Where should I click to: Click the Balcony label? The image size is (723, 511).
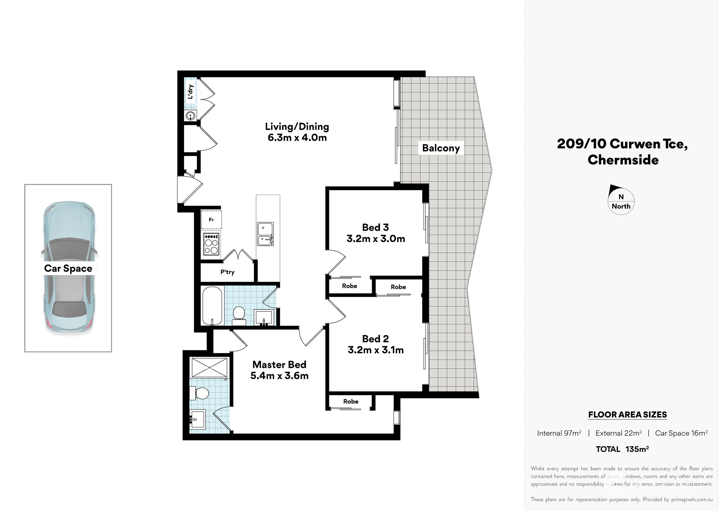pyautogui.click(x=441, y=148)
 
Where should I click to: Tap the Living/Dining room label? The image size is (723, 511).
pyautogui.click(x=297, y=127)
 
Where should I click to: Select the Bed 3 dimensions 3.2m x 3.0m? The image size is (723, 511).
pyautogui.click(x=376, y=239)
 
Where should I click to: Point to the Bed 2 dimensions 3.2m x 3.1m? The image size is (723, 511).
pyautogui.click(x=376, y=350)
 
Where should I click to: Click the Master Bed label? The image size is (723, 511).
pyautogui.click(x=279, y=365)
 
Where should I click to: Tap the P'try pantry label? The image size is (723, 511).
pyautogui.click(x=227, y=272)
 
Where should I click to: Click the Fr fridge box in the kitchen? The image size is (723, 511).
pyautogui.click(x=211, y=220)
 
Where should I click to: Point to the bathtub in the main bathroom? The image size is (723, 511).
pyautogui.click(x=212, y=306)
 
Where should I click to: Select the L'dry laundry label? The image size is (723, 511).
pyautogui.click(x=190, y=92)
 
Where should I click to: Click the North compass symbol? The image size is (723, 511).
pyautogui.click(x=621, y=200)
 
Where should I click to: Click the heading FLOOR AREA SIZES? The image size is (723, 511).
pyautogui.click(x=628, y=415)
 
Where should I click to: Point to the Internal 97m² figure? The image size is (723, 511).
pyautogui.click(x=559, y=433)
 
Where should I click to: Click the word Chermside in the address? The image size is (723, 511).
pyautogui.click(x=623, y=160)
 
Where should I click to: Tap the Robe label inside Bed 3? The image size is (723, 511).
pyautogui.click(x=350, y=286)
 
